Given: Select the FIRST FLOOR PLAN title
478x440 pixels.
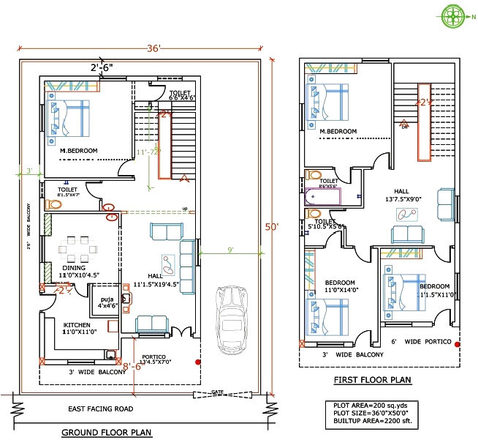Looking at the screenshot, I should [372, 380].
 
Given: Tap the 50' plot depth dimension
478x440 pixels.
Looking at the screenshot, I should [271, 227].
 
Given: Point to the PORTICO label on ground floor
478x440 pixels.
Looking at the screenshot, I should [156, 357].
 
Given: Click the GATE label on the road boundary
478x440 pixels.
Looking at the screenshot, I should [217, 393].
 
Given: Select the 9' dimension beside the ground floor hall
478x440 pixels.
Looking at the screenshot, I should [230, 250].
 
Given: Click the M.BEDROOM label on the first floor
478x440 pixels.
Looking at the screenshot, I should [338, 132].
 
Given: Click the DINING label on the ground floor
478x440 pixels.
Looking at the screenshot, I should [74, 268].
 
